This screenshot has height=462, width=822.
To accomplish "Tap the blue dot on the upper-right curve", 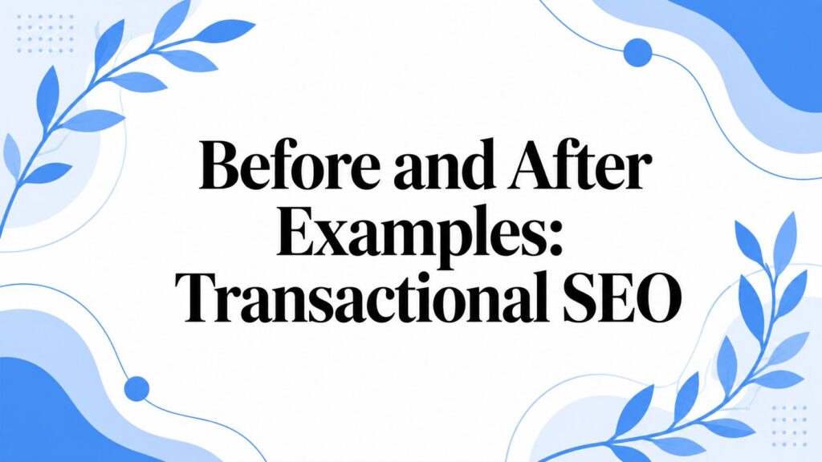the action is pyautogui.click(x=638, y=52).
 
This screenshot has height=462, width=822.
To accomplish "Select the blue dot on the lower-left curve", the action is pyautogui.click(x=136, y=389).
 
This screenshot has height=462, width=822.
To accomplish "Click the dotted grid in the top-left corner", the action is pyautogui.click(x=45, y=34).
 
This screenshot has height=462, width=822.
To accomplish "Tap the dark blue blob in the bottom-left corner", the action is pyautogui.click(x=58, y=419).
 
